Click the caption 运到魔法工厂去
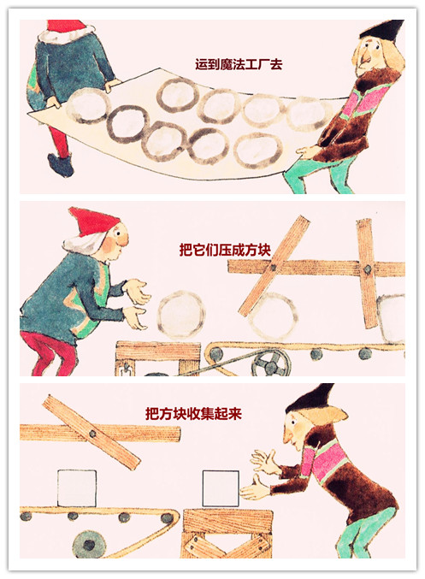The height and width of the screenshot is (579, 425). (239, 65)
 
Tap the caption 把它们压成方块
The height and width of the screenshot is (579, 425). (225, 250)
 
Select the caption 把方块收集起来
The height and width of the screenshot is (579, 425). (193, 414)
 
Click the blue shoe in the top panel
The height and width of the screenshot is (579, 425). (61, 165)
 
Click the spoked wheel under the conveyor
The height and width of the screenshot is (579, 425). (271, 363)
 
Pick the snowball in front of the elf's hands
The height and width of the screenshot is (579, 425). (181, 315)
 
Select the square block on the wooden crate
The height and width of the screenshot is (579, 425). (221, 488)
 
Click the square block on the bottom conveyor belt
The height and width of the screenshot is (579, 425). (77, 488)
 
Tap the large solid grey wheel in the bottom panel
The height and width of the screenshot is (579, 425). (89, 545)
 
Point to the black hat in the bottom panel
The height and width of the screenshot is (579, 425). (310, 399)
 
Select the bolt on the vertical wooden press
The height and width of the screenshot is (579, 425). (368, 269)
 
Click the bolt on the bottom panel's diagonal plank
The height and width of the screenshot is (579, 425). (92, 434)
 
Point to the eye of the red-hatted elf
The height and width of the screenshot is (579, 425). (119, 233)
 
